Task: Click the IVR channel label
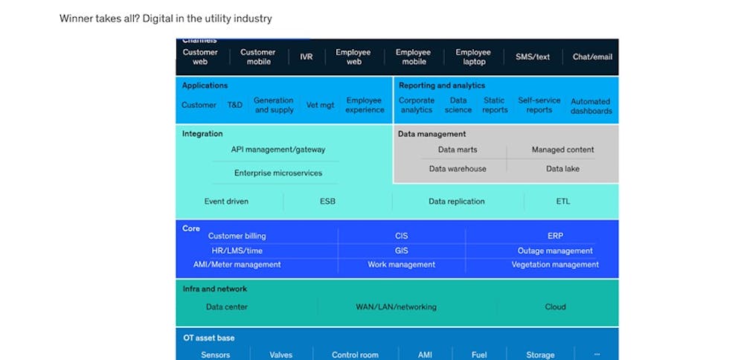307,57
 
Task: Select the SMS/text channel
533,57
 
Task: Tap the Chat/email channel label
592,57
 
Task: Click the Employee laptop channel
473,57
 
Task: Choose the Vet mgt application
320,106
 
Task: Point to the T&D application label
235,106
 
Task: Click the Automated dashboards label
591,106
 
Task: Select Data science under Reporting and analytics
458,105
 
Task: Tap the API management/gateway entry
278,150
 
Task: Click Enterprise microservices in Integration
278,173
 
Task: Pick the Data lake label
562,169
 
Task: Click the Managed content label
562,150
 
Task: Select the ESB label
327,202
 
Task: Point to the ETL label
562,202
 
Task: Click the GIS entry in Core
402,251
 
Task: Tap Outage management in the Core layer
555,251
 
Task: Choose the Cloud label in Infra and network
555,306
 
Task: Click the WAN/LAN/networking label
396,306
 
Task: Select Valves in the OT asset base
281,355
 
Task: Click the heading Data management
432,134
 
